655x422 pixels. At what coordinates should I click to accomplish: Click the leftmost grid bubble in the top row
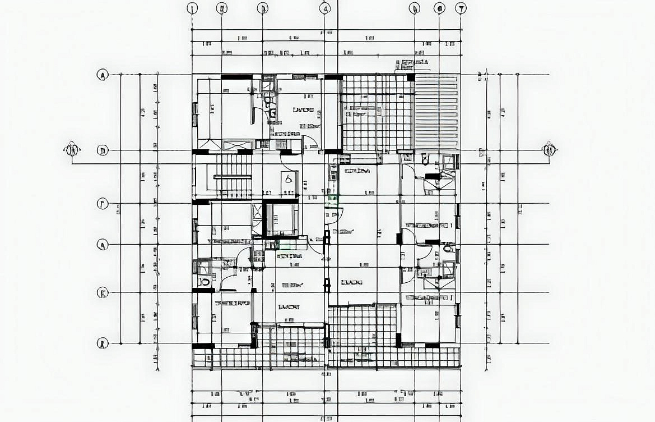point(193,8)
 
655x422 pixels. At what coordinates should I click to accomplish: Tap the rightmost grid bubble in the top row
point(461,8)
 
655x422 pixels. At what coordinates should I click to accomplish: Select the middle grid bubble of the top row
point(325,8)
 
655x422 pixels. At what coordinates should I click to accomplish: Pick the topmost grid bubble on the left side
point(103,75)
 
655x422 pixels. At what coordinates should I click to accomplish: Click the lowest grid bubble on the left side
point(103,343)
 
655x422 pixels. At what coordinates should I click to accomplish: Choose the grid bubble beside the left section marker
point(103,150)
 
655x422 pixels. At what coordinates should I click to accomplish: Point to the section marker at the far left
point(72,150)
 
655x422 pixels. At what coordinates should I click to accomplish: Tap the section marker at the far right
point(549,150)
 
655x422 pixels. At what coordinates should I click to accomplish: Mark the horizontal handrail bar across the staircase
point(232,177)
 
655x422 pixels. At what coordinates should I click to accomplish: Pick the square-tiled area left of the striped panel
point(377,112)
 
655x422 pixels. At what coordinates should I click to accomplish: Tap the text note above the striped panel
point(412,62)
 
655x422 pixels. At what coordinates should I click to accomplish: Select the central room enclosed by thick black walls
point(281,219)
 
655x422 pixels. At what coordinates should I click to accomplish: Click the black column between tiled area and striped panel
point(411,77)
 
